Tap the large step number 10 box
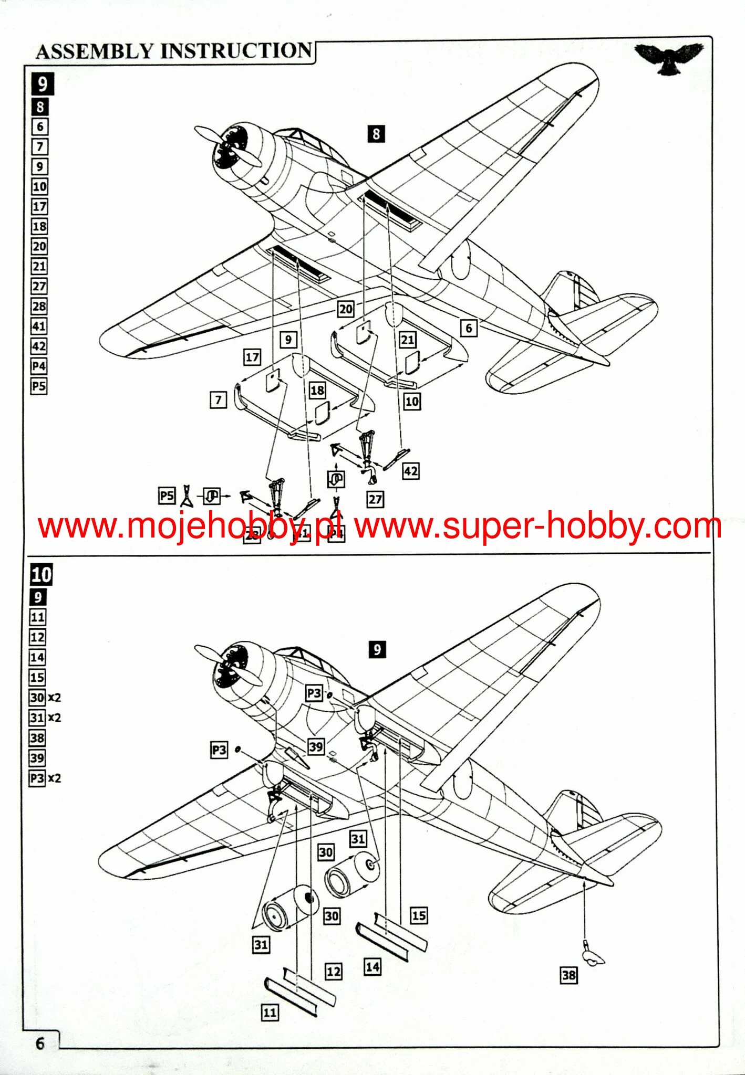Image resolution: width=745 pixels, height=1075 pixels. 42,575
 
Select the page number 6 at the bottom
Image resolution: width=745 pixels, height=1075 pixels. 40,1043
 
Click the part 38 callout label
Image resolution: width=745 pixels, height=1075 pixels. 568,975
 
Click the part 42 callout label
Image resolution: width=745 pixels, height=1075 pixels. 411,471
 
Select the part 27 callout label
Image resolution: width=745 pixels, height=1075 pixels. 375,499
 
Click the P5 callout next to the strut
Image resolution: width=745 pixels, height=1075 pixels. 167,496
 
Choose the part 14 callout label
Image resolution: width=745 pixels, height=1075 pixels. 372,966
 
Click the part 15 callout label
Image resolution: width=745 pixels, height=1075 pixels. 419,916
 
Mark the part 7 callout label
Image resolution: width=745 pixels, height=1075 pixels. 219,400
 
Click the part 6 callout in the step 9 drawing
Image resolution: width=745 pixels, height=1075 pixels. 469,329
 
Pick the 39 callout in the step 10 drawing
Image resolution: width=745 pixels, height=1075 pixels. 316,746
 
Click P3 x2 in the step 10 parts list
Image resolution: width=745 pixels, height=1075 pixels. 45,778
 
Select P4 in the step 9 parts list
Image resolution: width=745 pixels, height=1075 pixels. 39,366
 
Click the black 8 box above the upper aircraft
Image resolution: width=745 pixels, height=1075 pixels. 376,134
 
